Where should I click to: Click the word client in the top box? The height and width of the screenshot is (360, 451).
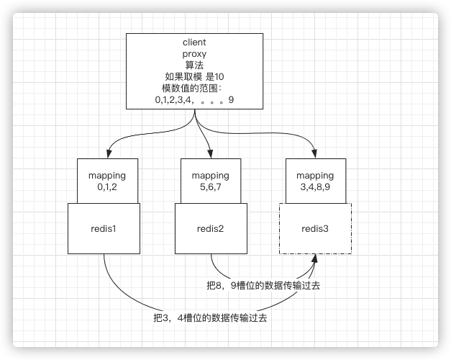click(194, 42)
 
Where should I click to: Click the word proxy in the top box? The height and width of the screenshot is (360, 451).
click(194, 54)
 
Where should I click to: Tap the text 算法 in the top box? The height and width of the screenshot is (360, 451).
click(194, 66)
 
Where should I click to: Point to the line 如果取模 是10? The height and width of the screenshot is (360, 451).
click(194, 77)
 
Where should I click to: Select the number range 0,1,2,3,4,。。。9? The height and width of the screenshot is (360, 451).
click(194, 100)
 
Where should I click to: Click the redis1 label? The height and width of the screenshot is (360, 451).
click(104, 229)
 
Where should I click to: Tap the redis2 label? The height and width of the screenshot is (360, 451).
click(210, 229)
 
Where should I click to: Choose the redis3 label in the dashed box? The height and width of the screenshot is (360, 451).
click(315, 229)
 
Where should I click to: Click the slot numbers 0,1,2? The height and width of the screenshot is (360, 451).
click(106, 186)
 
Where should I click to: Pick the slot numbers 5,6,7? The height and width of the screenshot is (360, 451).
click(210, 186)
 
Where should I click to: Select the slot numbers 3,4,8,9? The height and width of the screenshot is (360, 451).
click(315, 186)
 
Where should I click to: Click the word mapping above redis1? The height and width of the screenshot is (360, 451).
click(106, 175)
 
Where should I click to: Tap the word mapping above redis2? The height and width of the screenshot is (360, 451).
click(210, 175)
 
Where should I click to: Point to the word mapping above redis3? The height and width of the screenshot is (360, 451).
click(315, 175)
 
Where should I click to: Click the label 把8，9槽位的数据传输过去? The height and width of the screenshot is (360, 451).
click(263, 286)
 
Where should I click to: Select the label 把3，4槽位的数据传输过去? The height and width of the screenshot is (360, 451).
click(210, 317)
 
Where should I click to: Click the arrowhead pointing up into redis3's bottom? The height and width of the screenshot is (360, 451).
click(315, 258)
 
